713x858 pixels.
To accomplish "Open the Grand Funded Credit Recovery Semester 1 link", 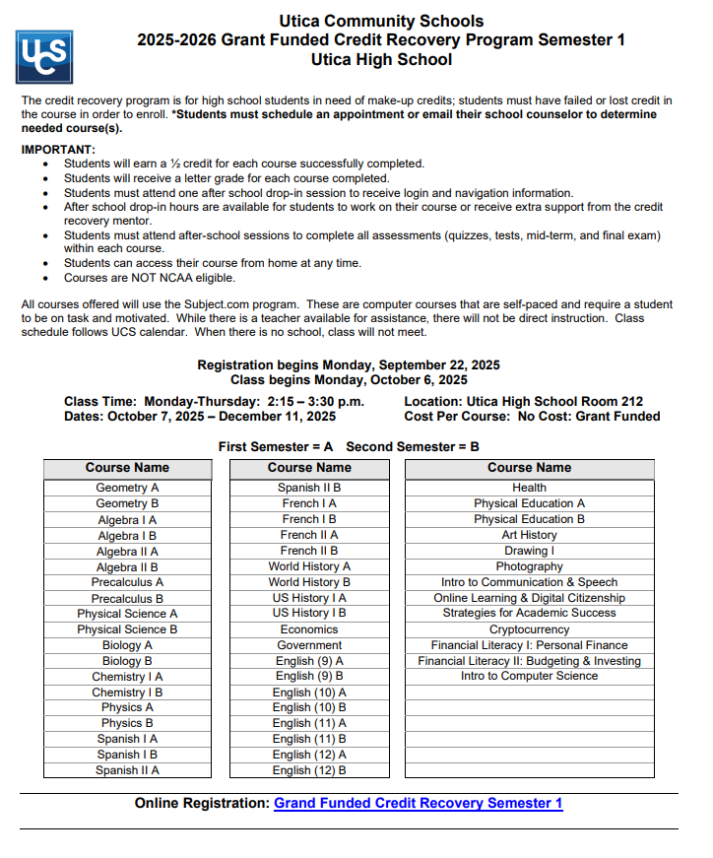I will (x=418, y=803).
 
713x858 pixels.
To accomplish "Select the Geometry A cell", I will (x=127, y=488).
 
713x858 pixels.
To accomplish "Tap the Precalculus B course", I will (x=127, y=598).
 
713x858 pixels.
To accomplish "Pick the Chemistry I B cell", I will (x=127, y=693).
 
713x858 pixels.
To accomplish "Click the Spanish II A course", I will (x=127, y=770).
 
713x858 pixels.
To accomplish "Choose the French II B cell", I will (x=309, y=551).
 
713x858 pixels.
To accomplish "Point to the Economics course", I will (x=309, y=629).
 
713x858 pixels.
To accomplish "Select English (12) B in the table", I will (x=309, y=770).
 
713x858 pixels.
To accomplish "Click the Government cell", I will (x=309, y=645).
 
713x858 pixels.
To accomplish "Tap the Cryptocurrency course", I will (x=529, y=629).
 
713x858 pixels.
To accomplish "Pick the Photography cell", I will (x=529, y=566).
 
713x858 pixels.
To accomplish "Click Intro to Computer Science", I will (x=529, y=676).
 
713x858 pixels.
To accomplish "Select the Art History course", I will (x=529, y=535).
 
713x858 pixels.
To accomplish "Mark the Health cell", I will (x=529, y=488).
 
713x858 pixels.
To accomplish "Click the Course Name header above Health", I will (x=529, y=468).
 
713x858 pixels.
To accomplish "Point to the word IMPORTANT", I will (x=58, y=150).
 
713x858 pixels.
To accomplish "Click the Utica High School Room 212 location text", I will (x=523, y=401).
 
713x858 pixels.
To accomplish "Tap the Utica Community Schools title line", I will (x=381, y=22).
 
